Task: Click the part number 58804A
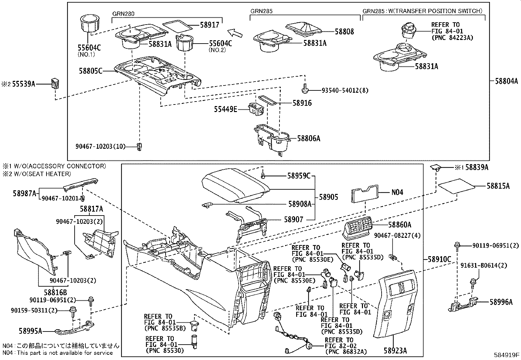coord(506,81)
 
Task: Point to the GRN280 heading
coord(123,14)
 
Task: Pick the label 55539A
coord(24,84)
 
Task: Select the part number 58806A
coord(309,139)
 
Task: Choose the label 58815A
coord(498,186)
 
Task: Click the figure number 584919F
coord(507,355)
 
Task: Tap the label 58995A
coord(31,331)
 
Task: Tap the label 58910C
coord(439,259)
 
